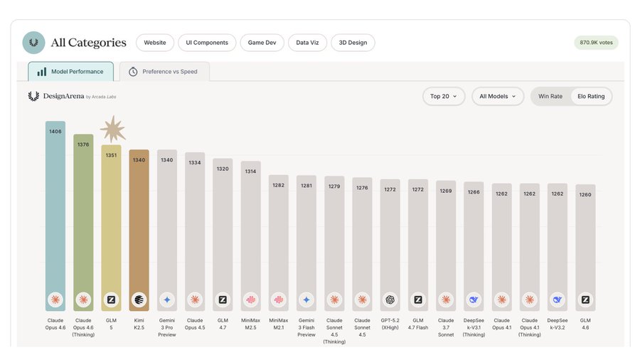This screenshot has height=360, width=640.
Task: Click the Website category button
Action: [155, 43]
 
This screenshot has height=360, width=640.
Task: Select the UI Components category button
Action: [207, 43]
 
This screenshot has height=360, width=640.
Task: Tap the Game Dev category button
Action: [262, 43]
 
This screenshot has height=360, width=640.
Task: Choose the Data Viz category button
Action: [308, 43]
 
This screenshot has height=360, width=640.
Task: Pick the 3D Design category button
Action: [353, 43]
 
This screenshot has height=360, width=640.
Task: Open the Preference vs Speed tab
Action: [164, 71]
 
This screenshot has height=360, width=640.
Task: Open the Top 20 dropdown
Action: [444, 96]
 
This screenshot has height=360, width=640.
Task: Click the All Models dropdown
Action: [498, 96]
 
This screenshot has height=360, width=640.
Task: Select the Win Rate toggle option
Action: [550, 96]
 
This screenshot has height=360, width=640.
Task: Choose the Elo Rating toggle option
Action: [591, 96]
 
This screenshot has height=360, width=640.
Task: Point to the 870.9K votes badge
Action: [596, 43]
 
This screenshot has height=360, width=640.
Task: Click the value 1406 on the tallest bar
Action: [55, 132]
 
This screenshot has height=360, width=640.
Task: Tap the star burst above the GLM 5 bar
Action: [112, 129]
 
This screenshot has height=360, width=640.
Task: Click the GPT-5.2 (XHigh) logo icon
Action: [390, 300]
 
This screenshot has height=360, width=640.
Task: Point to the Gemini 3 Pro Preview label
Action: [166, 327]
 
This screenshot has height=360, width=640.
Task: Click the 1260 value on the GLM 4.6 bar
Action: [585, 194]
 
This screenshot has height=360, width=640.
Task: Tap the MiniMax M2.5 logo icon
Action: [250, 300]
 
